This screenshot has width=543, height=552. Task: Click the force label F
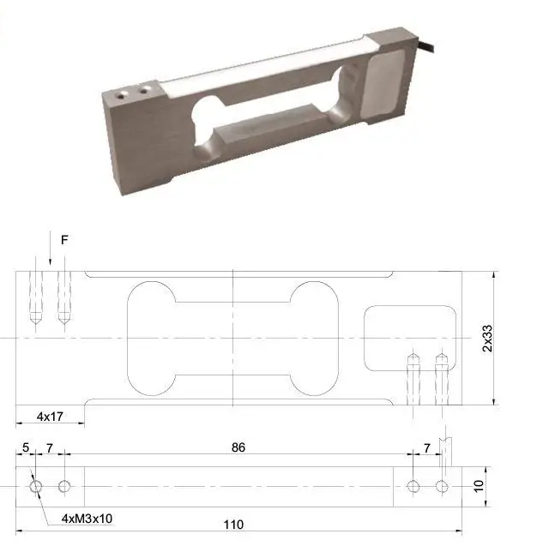point(64,240)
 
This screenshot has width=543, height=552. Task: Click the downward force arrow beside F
point(51,248)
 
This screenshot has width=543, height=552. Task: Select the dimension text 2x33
point(488,339)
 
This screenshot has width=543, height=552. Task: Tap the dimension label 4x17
point(50,417)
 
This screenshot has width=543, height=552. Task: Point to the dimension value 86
point(238,447)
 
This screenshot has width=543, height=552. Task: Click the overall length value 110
point(233,525)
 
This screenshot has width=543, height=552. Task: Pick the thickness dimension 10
point(479,486)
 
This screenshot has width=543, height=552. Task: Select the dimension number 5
point(26,447)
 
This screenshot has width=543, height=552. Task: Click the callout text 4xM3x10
point(87,519)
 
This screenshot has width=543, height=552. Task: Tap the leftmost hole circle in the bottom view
point(35,487)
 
